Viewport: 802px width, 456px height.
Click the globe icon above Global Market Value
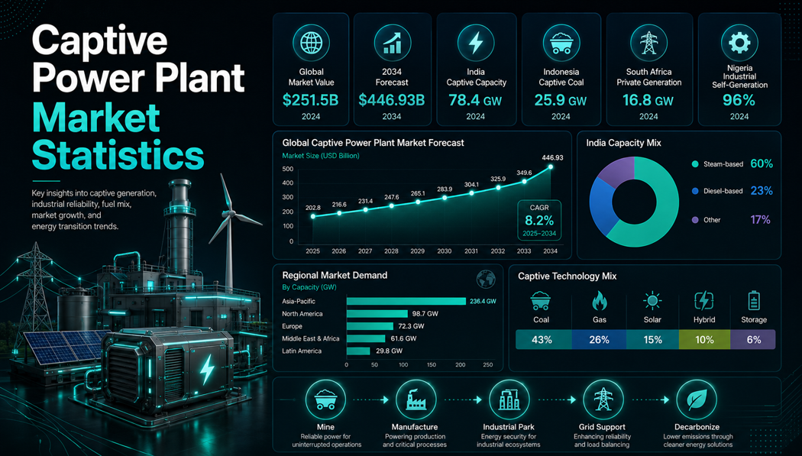tap(311, 43)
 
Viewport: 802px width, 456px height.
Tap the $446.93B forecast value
tap(392, 100)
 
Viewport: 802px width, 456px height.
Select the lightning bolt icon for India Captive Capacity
tap(476, 43)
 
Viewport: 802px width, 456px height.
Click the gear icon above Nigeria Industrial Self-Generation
tap(739, 43)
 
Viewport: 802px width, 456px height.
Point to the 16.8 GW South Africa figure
tap(648, 100)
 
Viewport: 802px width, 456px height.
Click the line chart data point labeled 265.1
tap(418, 202)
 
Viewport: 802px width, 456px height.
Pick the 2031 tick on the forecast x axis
tap(471, 251)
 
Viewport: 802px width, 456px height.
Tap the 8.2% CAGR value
tap(539, 221)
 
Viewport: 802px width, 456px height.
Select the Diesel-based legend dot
tap(694, 191)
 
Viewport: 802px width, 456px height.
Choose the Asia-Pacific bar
tap(406, 301)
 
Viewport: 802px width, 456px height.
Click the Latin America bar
tap(358, 351)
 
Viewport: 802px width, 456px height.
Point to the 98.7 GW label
tap(425, 314)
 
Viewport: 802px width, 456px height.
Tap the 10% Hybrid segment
tap(704, 339)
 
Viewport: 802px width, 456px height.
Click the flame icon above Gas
tap(599, 301)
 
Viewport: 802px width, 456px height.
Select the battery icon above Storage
tap(754, 301)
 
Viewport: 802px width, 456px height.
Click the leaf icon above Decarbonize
tap(697, 399)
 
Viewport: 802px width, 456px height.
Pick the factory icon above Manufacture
tap(416, 399)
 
